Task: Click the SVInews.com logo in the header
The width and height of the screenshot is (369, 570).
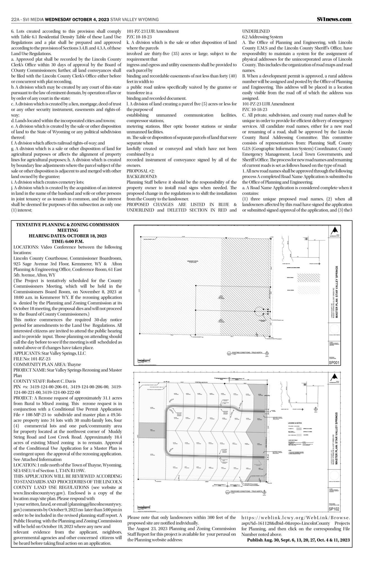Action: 334,19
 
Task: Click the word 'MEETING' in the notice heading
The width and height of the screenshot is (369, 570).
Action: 68,230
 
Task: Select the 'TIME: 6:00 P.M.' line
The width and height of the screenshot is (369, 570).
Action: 68,241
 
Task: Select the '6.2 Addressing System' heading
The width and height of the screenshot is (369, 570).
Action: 262,37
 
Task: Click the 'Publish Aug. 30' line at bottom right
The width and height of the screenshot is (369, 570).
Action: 298,540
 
